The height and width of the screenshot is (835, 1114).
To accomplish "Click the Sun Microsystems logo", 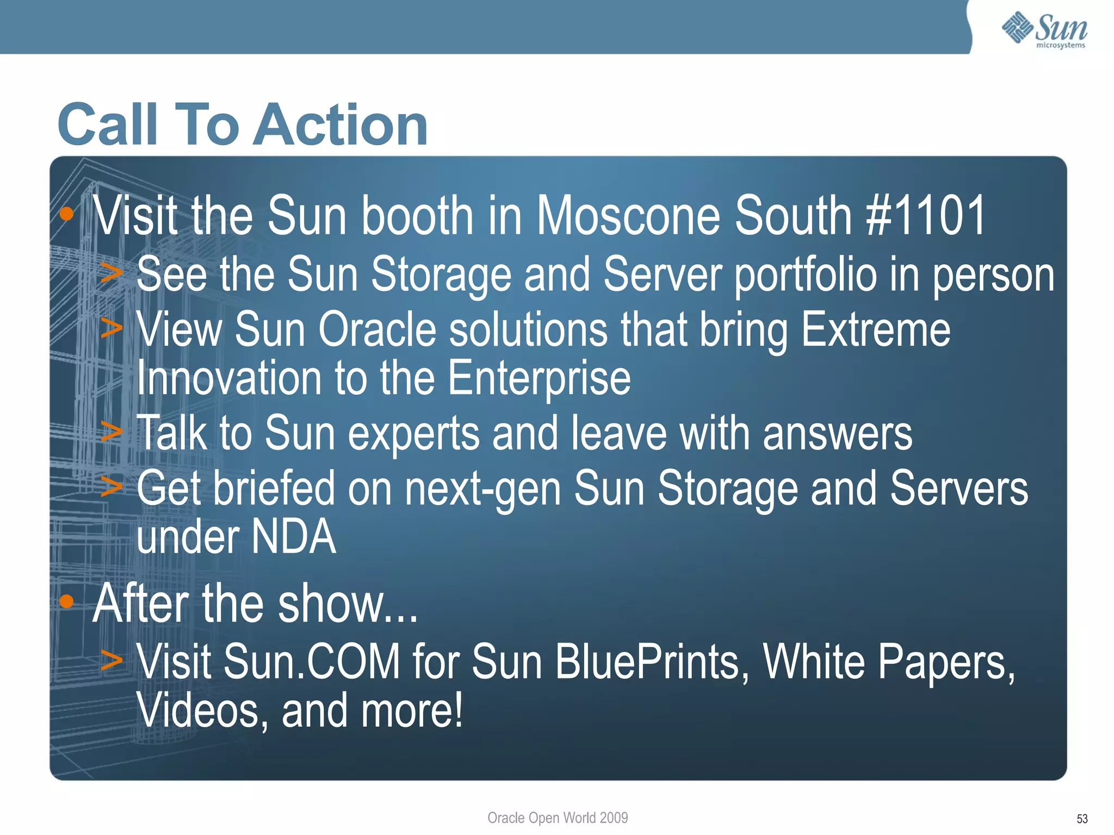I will coord(1044,30).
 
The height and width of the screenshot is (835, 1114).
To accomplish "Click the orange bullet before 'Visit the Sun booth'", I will coord(66,214).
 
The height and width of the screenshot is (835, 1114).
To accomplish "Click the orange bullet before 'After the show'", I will coord(66,601).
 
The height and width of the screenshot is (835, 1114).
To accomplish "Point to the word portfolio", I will coord(806,275).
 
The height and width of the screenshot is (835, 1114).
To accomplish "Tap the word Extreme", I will coord(876,330).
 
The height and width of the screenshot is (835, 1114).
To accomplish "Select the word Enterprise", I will coord(539,379).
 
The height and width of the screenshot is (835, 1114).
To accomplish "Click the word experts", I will coord(413,434).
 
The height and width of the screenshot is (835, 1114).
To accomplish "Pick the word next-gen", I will coord(482,489).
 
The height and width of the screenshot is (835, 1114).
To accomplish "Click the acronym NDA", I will coord(294,537).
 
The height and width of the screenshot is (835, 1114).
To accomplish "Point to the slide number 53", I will coord(1082,819).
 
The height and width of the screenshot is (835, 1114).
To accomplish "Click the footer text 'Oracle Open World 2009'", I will coord(558,818).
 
